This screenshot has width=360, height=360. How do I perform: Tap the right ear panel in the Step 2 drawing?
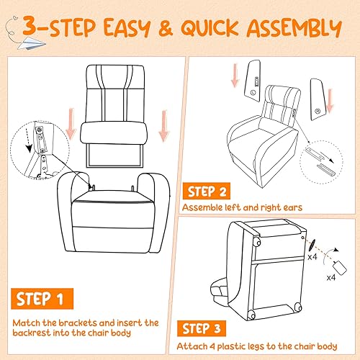point(318,92)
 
